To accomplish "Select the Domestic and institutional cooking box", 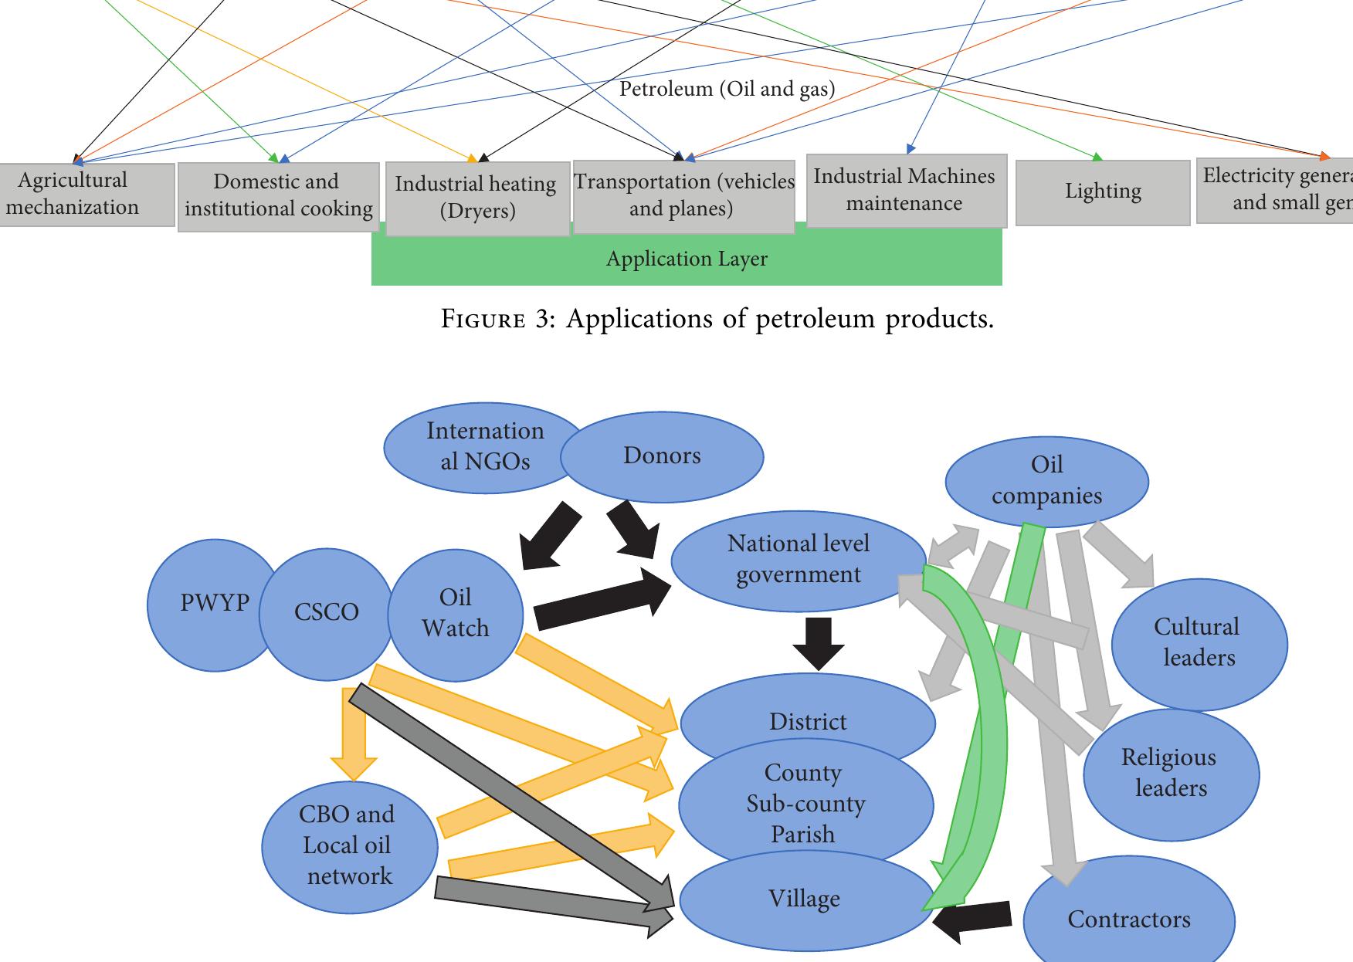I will [x=278, y=196].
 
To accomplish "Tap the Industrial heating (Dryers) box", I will [x=476, y=198].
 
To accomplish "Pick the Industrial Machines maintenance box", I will [x=906, y=191].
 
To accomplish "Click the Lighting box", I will [x=1102, y=192].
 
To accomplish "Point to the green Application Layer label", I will [x=686, y=259].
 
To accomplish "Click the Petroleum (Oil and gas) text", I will [x=727, y=90].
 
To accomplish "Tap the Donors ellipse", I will [x=662, y=456].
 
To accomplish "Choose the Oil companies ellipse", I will [x=1046, y=480].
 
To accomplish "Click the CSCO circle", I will [x=326, y=613].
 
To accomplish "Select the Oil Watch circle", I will [x=455, y=614].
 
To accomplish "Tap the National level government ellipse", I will [x=798, y=560].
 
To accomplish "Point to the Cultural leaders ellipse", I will [x=1199, y=643].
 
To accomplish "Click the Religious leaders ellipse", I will [x=1171, y=774].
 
